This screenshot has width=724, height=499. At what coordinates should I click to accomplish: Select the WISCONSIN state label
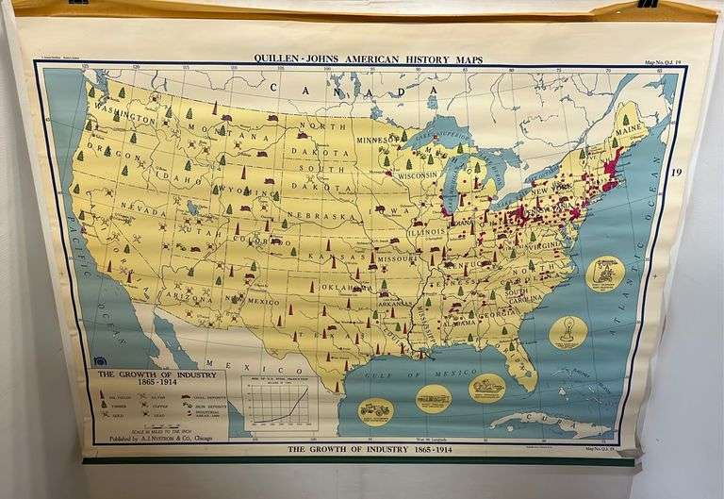pos(416,175)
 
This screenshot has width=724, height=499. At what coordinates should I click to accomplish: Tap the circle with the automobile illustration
pos(375,409)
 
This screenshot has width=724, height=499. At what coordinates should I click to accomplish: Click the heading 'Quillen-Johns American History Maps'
pos(368,59)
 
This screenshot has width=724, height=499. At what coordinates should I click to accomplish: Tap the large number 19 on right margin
pos(676,172)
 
